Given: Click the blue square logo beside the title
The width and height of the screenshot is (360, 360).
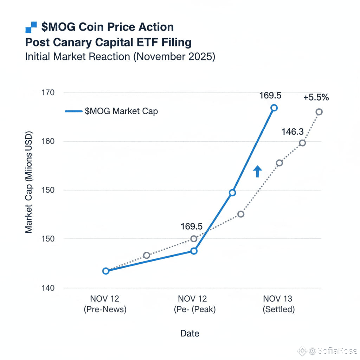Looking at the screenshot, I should point(31,27).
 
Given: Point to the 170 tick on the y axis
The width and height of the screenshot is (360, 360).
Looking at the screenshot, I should point(48,93).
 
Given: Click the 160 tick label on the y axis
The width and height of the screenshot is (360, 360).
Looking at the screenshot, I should point(48,141).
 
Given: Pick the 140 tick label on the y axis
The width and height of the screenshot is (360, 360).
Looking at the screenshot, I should point(48,288).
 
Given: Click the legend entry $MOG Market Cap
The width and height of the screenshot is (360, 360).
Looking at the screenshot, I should point(121,111).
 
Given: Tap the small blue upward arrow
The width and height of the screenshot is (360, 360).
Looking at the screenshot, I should point(257,171).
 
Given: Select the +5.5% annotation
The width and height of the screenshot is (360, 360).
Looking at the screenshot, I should point(316,97).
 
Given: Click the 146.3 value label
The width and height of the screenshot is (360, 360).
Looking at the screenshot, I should point(292,132).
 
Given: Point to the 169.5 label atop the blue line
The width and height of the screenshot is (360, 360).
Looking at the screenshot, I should point(271,96).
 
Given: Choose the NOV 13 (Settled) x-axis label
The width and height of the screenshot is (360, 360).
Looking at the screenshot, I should point(278,304).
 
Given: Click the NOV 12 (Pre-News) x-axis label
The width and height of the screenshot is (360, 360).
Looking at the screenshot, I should point(105,304).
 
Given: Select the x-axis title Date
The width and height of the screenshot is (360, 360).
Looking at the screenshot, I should point(190,333).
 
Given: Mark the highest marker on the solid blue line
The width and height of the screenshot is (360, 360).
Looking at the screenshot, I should point(274,108).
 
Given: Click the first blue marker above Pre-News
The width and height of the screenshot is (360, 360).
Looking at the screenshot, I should point(106,271).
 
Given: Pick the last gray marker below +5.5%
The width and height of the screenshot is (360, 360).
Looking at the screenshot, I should point(319,112).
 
